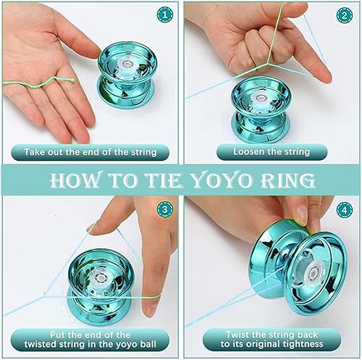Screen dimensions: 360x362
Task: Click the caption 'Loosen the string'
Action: [271, 152]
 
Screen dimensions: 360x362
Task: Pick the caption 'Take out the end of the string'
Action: [90, 152]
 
